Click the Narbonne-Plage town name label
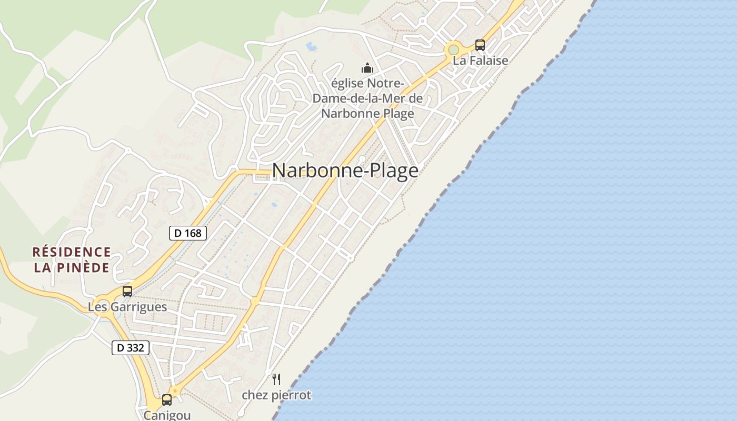[x=345, y=171]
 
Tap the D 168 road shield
[x=188, y=233]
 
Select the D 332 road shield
[x=131, y=348]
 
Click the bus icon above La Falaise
[x=480, y=45]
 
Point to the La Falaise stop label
[x=481, y=61]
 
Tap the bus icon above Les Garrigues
[x=127, y=291]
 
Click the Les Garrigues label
[x=127, y=307]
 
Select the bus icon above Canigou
[x=167, y=399]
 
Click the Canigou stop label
[x=167, y=415]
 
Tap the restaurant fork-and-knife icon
[x=276, y=379]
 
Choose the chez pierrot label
[x=276, y=395]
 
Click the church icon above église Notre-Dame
[x=367, y=68]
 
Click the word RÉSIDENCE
[x=72, y=252]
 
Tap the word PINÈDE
[x=88, y=267]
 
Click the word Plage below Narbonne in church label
[x=395, y=113]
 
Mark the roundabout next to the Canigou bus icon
[x=175, y=392]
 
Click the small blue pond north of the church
[x=312, y=46]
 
